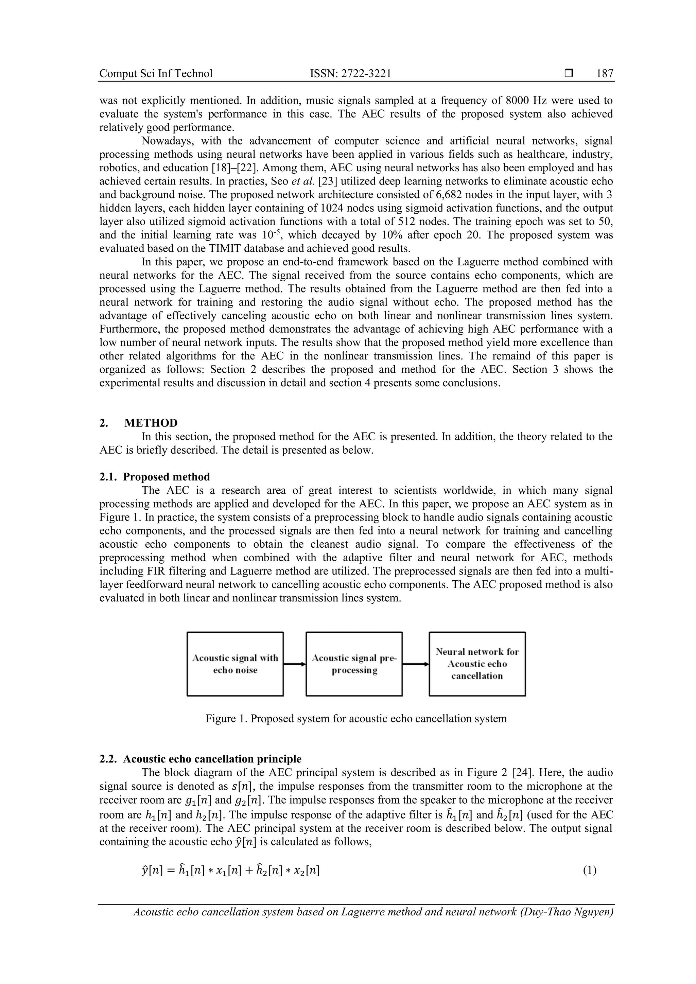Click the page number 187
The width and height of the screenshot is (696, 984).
point(604,74)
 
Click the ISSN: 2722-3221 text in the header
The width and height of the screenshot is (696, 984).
point(350,74)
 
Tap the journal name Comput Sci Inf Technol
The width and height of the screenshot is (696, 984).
point(156,74)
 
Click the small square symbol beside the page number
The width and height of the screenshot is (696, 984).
point(569,74)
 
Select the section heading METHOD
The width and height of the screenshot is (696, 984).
point(151,423)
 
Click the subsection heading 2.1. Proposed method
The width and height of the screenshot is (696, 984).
point(155,477)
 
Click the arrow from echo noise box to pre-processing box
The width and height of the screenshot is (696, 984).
point(294,664)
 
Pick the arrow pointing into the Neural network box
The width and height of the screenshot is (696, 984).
point(415,664)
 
